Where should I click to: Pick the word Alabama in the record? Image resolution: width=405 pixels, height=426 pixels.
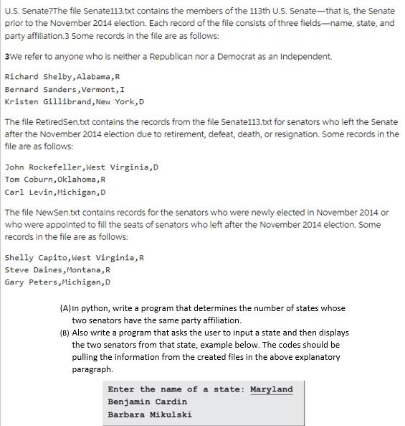[x=87, y=77]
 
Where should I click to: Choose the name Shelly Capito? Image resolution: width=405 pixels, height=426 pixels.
[x=35, y=257]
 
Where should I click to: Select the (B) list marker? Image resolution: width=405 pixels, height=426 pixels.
[x=65, y=333]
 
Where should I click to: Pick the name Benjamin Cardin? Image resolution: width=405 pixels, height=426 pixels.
[x=147, y=402]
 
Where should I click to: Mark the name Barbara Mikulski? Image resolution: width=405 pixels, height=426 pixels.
[x=149, y=414]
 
